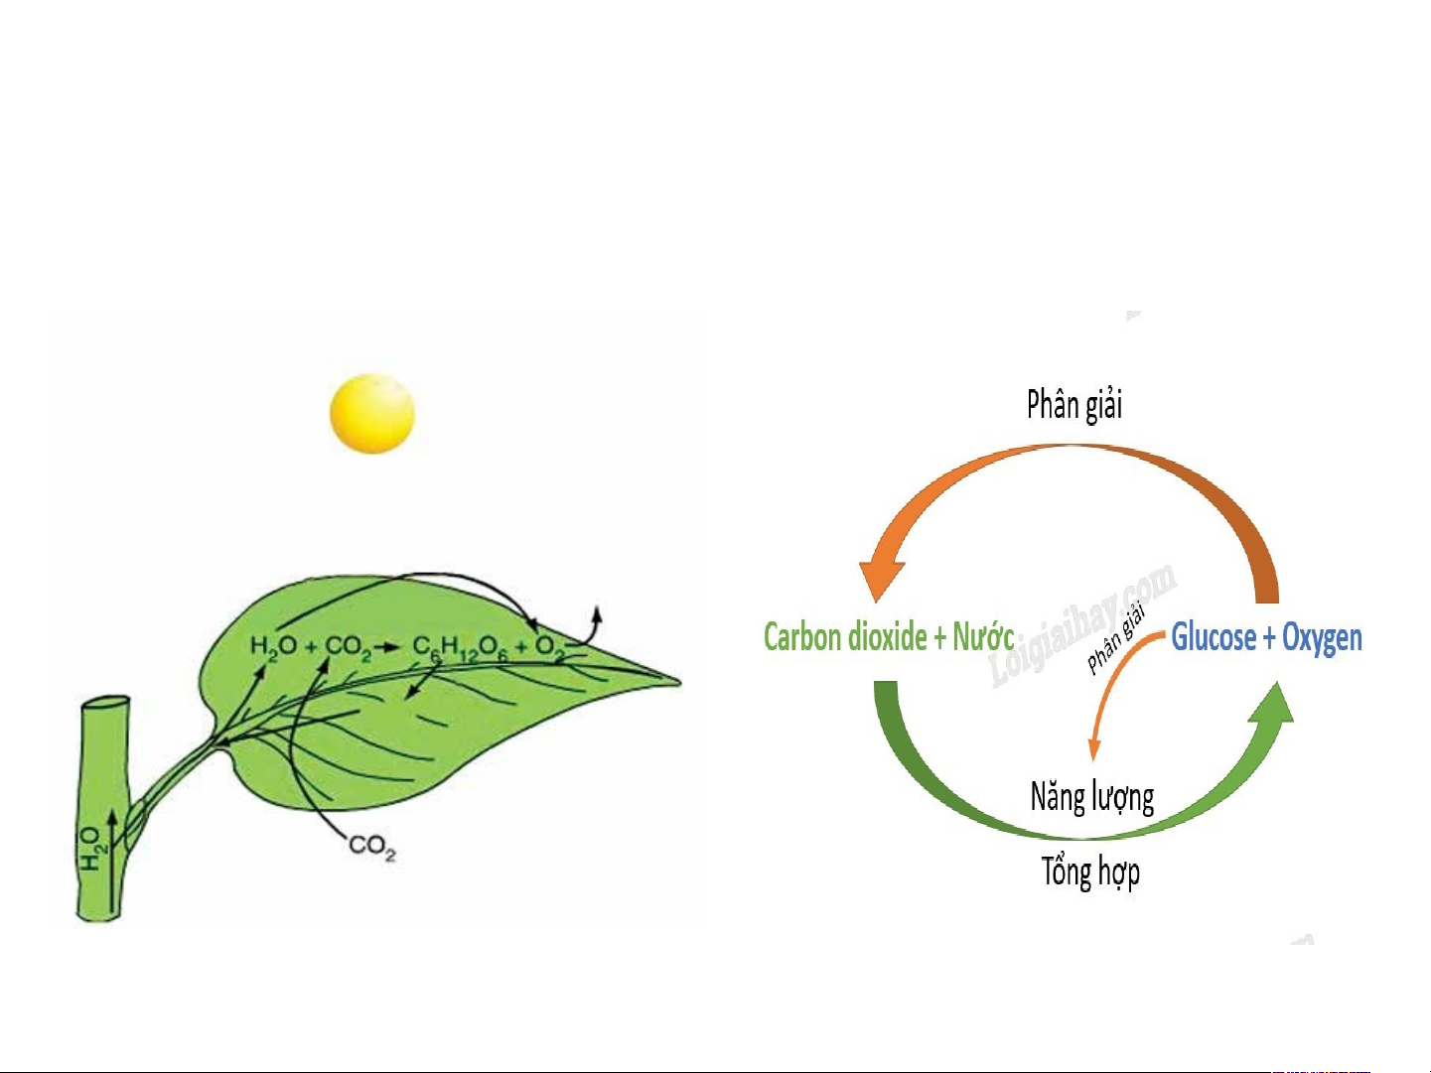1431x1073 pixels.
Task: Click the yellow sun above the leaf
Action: click(x=372, y=413)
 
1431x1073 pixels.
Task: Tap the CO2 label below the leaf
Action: click(x=372, y=847)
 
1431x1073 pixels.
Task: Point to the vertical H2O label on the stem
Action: click(x=91, y=849)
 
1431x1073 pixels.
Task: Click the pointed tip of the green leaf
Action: click(x=680, y=682)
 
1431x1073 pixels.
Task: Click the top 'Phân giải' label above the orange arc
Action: click(x=1074, y=405)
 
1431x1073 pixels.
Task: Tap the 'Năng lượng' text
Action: click(x=1092, y=797)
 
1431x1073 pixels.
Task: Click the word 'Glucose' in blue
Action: click(x=1214, y=637)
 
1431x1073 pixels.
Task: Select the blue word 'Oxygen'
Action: click(x=1322, y=638)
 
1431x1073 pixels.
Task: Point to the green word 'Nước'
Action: click(x=983, y=636)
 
